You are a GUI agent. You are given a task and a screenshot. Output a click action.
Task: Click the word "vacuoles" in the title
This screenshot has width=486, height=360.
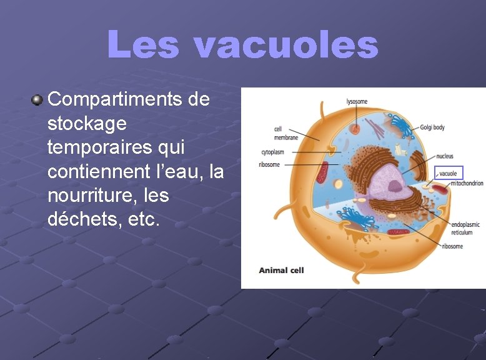285,46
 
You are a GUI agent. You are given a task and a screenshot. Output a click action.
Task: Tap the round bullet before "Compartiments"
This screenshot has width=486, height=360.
37,99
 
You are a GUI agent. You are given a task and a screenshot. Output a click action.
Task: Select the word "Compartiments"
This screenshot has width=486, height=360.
128,99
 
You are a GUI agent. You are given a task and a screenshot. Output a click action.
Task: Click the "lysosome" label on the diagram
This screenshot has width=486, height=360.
357,101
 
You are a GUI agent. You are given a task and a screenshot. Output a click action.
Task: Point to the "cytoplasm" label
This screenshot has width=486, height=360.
273,152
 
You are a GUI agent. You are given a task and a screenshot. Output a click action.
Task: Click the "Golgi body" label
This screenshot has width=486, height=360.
432,127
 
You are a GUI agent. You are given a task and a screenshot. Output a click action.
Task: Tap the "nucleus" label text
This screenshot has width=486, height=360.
445,156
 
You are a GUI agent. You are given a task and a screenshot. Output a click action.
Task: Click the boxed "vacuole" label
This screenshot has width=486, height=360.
448,173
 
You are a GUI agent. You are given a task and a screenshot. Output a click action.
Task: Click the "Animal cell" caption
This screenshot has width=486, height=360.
281,270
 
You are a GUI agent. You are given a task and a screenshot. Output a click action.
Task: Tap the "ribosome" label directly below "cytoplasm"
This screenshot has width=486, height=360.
269,165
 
